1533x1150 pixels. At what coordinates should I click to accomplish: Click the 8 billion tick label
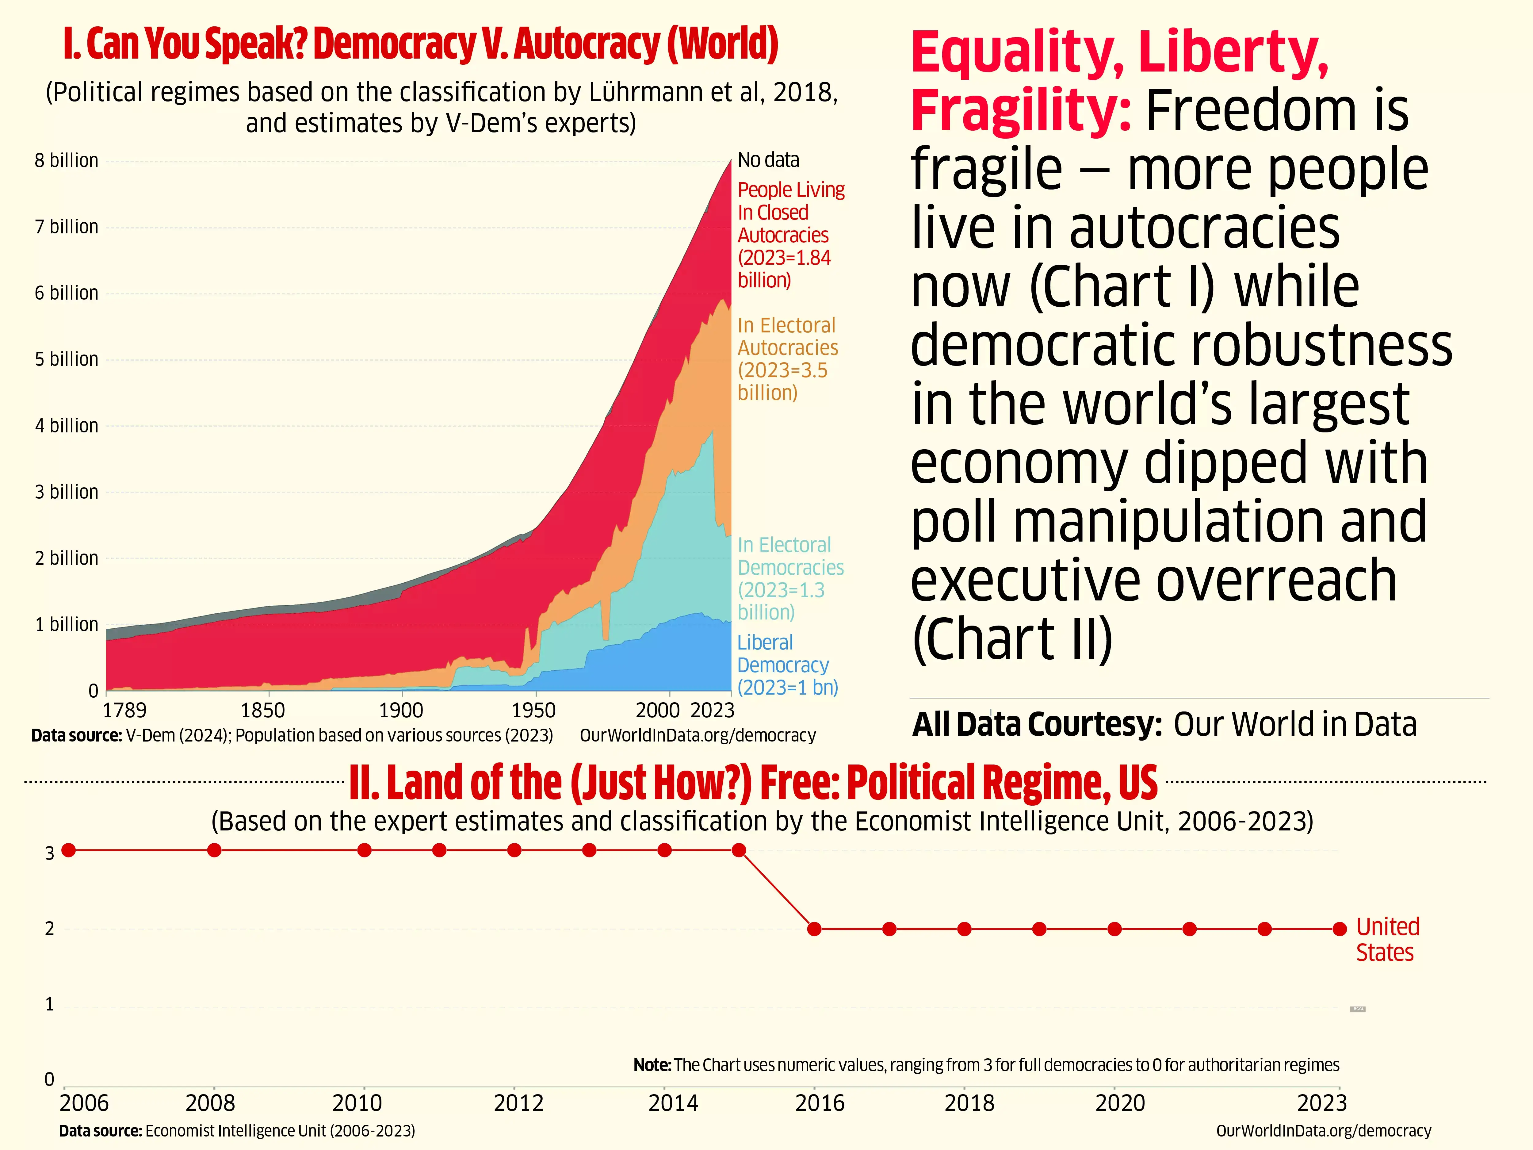coord(67,161)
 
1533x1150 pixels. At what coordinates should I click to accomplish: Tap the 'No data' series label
coord(768,160)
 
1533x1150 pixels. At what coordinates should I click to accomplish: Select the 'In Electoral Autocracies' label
coord(787,358)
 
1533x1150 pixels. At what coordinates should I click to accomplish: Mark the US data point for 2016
coord(814,929)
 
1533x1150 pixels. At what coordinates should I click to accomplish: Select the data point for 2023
coord(1340,929)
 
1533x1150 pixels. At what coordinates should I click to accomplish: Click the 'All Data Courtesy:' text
coord(1037,724)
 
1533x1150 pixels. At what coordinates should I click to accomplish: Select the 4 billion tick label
coord(67,426)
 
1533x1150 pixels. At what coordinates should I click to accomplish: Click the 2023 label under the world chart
coord(713,711)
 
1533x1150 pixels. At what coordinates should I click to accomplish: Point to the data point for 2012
coord(514,850)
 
